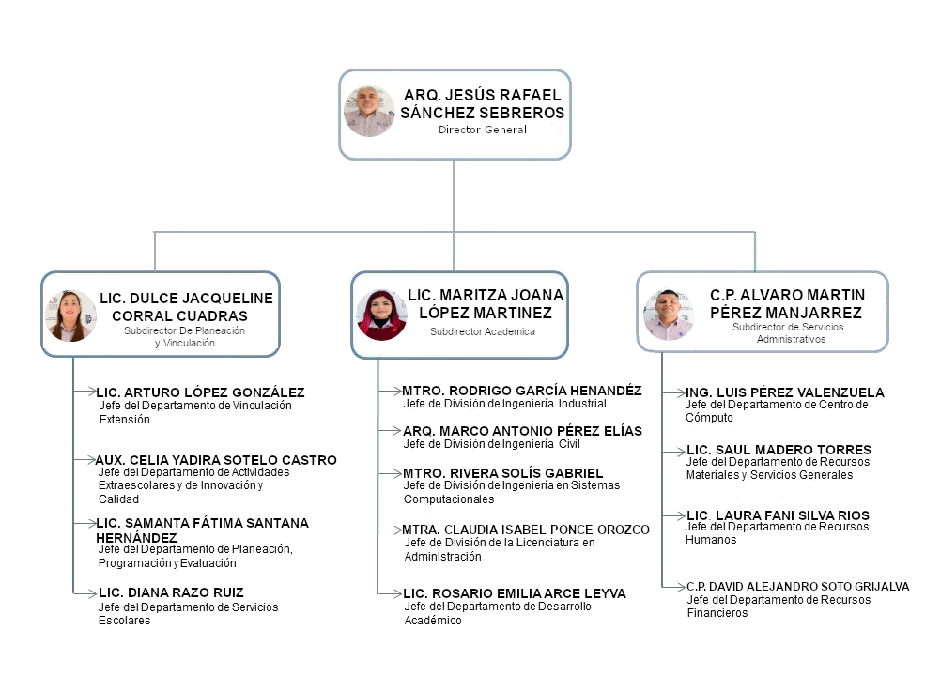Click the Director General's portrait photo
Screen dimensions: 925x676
(369, 112)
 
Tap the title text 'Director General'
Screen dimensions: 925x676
(483, 130)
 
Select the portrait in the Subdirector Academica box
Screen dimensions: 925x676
(381, 315)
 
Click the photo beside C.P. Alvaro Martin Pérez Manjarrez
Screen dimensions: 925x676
(669, 315)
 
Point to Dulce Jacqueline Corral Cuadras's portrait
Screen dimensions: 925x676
(70, 315)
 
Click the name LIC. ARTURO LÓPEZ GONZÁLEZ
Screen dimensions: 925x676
(201, 392)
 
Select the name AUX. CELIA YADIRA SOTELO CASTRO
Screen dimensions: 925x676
(216, 460)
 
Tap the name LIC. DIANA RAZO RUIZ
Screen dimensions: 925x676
(171, 592)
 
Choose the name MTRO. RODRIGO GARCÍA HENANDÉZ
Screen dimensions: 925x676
(522, 391)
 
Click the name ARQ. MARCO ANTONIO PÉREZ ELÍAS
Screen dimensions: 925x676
(523, 431)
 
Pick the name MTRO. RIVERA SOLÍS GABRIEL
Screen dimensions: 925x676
(503, 473)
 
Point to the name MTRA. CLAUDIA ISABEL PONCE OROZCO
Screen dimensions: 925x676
(526, 530)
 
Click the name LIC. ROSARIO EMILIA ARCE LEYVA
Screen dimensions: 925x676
(515, 593)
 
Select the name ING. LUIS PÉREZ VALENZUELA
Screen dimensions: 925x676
(784, 392)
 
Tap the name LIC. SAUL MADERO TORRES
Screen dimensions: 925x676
(779, 450)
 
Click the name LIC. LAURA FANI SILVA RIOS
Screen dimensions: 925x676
(779, 515)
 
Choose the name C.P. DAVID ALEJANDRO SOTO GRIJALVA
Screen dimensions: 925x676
(797, 587)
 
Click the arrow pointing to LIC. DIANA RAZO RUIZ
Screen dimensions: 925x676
(85, 592)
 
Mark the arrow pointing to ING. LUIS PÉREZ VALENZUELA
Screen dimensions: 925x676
(673, 392)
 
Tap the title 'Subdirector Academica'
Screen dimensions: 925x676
(483, 331)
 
